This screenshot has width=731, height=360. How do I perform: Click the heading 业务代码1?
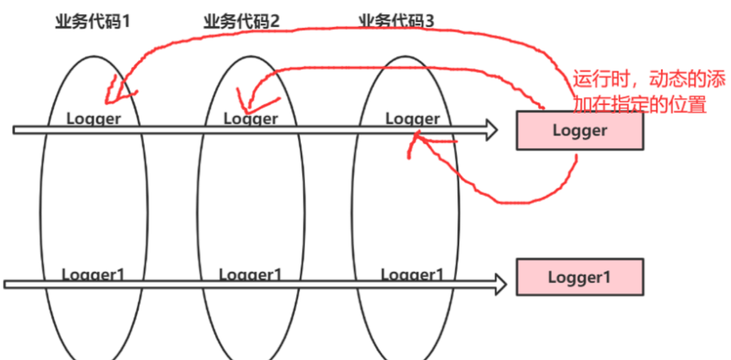point(93,21)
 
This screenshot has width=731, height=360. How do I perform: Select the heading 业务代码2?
point(241,21)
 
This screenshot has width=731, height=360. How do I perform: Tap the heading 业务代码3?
point(396,21)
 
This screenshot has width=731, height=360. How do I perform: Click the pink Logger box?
point(579,130)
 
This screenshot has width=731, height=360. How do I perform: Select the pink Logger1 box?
point(579,276)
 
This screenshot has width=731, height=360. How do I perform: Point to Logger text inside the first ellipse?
point(93,118)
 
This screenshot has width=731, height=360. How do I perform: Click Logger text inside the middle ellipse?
point(251,118)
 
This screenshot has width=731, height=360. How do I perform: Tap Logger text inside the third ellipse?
point(412,118)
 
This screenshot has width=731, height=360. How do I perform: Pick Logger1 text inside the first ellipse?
point(93,274)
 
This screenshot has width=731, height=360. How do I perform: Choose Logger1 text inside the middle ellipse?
point(251,274)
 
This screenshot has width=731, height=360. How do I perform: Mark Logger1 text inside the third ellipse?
point(412,274)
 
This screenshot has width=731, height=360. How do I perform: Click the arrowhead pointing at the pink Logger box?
point(491,130)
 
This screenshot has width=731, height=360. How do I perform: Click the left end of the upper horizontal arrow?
point(15,130)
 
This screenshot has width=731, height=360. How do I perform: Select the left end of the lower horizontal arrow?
point(6,284)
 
